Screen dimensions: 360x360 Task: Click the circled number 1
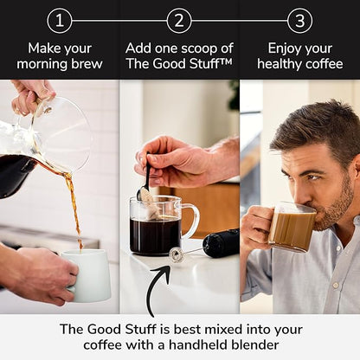pos(59,20)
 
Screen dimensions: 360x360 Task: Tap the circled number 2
pos(179,20)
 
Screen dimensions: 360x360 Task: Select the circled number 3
pos(299,20)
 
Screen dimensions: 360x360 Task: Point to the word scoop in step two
pos(195,48)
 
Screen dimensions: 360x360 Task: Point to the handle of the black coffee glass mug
pos(190,222)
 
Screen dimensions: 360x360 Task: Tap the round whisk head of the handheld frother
pos(177,254)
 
